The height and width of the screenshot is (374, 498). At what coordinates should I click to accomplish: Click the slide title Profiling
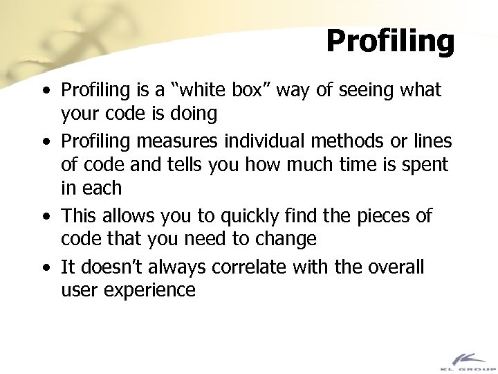point(390,41)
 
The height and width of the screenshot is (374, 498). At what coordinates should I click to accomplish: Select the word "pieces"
point(378,217)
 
